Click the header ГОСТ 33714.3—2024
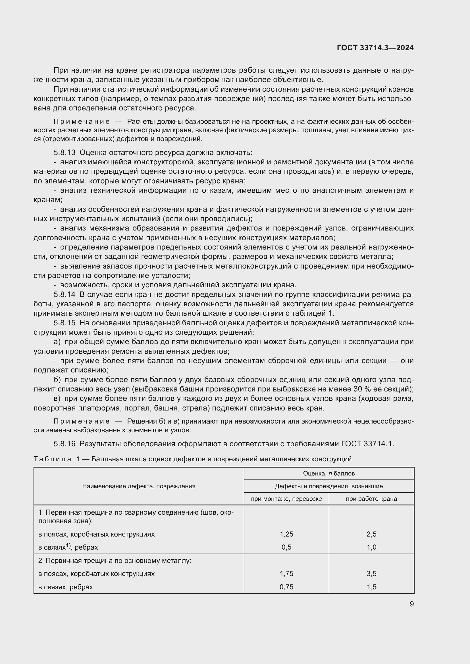pyautogui.click(x=375, y=48)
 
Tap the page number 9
pyautogui.click(x=411, y=604)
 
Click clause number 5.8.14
pyautogui.click(x=64, y=294)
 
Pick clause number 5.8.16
pyautogui.click(x=64, y=443)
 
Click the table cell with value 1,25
pyautogui.click(x=286, y=534)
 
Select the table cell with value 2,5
pyautogui.click(x=371, y=534)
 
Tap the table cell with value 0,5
pyautogui.click(x=286, y=547)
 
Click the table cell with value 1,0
pyautogui.click(x=371, y=547)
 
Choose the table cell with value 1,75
pyautogui.click(x=286, y=573)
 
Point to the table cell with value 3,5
pyautogui.click(x=371, y=573)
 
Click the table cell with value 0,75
pyautogui.click(x=286, y=587)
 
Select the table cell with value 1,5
pyautogui.click(x=371, y=587)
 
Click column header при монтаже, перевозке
pyautogui.click(x=286, y=498)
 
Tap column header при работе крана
pyautogui.click(x=371, y=498)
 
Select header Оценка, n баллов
pyautogui.click(x=329, y=474)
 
